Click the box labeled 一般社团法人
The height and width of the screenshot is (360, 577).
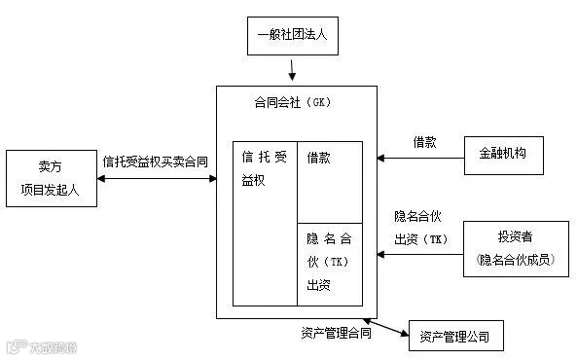(293, 36)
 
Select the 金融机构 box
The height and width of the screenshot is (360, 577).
(504, 156)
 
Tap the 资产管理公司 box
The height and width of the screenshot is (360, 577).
(456, 336)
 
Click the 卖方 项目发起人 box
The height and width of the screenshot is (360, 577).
(52, 178)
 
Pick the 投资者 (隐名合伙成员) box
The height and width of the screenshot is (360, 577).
(516, 249)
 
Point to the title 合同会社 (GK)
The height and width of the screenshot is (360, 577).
(293, 102)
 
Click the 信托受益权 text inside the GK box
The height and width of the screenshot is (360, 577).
(264, 168)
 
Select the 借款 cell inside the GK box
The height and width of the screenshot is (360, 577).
(330, 182)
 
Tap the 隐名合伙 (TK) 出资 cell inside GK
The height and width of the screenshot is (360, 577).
(330, 265)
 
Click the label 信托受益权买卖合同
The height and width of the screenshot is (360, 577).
(156, 162)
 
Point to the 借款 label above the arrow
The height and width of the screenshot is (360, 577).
(424, 142)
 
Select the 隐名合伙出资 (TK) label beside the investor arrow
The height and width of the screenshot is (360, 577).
(421, 228)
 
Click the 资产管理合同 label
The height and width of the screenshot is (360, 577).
(336, 333)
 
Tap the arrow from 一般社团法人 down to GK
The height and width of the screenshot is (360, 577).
(292, 70)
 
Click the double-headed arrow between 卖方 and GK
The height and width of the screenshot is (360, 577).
(157, 178)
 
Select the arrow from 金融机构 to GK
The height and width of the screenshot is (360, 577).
(420, 159)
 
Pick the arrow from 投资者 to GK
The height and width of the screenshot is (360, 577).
(420, 254)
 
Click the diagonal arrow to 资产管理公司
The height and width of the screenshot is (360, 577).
(385, 328)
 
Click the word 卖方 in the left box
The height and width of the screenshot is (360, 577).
(50, 166)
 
